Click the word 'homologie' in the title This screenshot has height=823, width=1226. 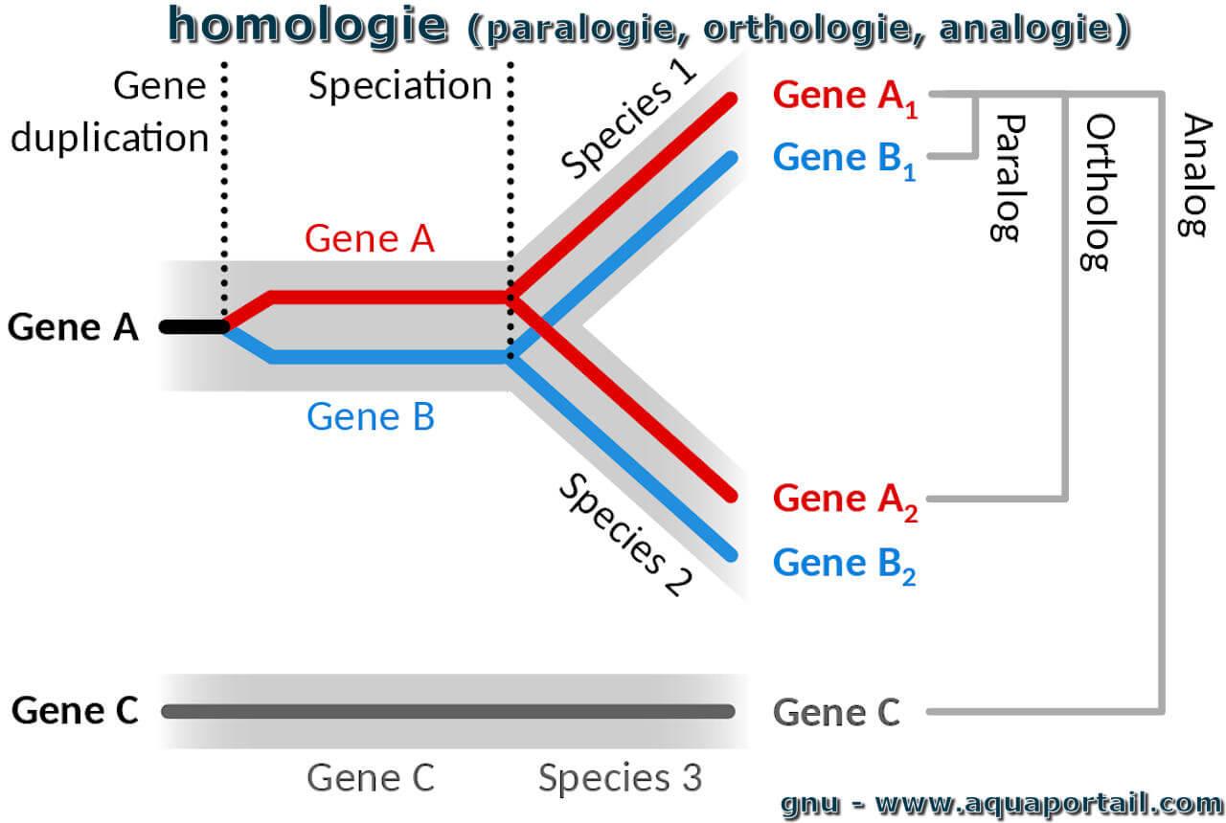click(x=307, y=26)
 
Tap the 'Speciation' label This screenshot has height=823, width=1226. click(x=400, y=86)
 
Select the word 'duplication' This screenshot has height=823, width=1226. click(x=109, y=137)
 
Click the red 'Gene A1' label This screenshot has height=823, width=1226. click(x=845, y=99)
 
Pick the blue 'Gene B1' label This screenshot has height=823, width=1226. click(x=844, y=161)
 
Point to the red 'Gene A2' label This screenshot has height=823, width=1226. click(x=845, y=502)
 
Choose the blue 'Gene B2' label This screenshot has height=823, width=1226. click(x=844, y=566)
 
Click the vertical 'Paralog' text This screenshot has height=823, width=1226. click(x=1007, y=178)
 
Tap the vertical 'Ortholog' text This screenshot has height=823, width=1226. click(x=1099, y=192)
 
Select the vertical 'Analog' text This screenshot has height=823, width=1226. click(x=1194, y=175)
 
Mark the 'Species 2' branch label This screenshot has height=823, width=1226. click(x=625, y=534)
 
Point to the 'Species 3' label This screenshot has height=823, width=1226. click(x=620, y=777)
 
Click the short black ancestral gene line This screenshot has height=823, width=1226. click(x=193, y=327)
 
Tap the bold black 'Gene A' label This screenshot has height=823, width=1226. click(x=73, y=327)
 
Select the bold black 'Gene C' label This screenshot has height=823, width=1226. click(x=75, y=710)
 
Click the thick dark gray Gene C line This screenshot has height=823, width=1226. click(x=448, y=711)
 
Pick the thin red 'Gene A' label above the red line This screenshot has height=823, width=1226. click(x=370, y=238)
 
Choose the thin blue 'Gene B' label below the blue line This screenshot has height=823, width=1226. click(x=371, y=416)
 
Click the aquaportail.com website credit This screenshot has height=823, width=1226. click(x=1002, y=804)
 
